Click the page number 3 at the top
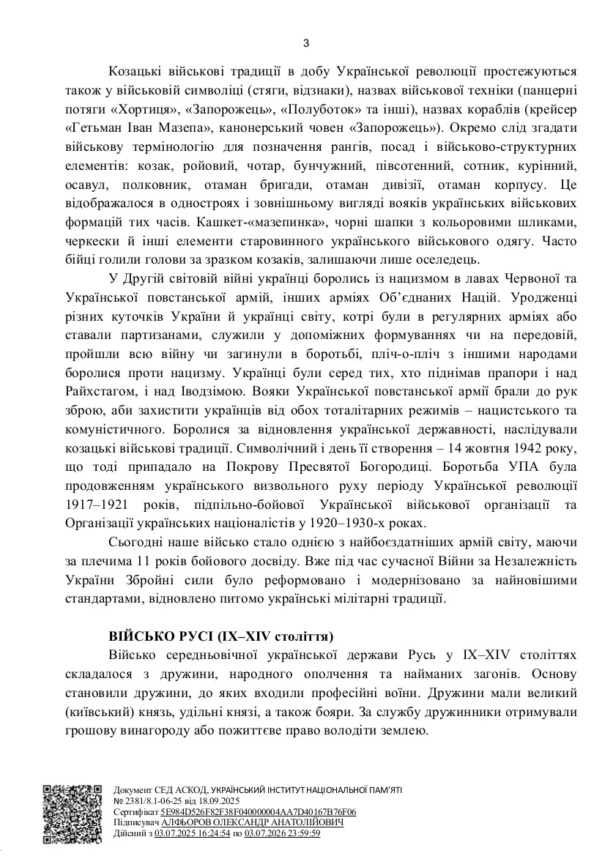point(306,43)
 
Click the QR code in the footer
point(71,814)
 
